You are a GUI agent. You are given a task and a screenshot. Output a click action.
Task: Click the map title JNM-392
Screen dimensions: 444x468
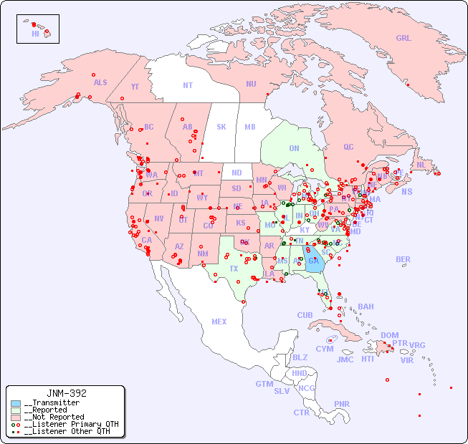click(x=66, y=393)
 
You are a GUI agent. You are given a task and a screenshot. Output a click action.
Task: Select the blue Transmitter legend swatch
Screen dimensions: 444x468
click(x=16, y=403)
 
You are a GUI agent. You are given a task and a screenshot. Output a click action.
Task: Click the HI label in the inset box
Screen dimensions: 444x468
click(x=35, y=34)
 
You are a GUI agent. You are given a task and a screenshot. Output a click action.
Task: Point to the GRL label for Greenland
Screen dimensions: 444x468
click(x=403, y=39)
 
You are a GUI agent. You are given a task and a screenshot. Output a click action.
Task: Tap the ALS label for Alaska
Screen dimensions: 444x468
click(x=100, y=82)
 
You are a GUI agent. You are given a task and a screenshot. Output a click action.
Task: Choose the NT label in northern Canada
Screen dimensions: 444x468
click(x=188, y=85)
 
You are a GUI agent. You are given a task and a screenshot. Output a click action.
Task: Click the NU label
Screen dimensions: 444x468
click(x=251, y=84)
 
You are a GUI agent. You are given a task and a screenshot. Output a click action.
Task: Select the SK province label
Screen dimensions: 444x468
click(x=221, y=127)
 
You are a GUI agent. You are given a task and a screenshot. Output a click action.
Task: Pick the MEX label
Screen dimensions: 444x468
click(x=219, y=322)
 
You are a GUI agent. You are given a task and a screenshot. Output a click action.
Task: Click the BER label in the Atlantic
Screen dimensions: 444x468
click(x=403, y=259)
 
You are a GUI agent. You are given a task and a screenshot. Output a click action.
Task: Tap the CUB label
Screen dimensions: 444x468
click(x=305, y=315)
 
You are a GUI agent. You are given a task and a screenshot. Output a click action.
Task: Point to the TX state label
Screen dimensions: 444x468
click(x=234, y=269)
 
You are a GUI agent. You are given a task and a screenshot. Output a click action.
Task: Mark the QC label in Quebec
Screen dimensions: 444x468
click(x=348, y=147)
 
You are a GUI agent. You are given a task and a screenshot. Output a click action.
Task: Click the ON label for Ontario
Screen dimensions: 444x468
click(x=294, y=148)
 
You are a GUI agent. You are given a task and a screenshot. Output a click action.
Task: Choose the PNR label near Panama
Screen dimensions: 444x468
click(x=342, y=404)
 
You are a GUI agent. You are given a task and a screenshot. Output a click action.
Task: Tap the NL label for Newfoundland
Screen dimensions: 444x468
click(x=421, y=165)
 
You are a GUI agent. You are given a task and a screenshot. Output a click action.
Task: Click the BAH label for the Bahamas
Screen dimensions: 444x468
click(x=366, y=307)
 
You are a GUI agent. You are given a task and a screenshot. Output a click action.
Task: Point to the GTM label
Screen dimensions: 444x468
click(x=264, y=384)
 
